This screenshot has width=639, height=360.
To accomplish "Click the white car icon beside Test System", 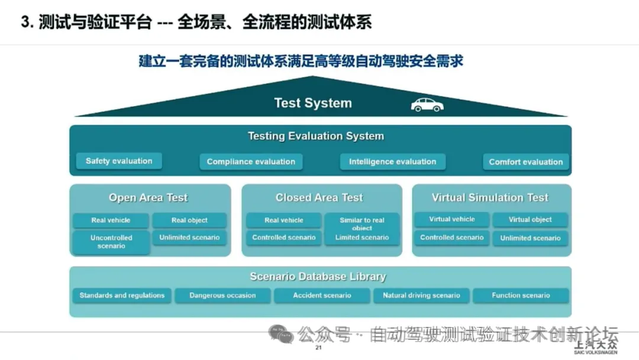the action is pos(427,105).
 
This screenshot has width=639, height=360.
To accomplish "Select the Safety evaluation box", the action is pos(119,161).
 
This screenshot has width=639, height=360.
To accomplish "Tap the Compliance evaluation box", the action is pos(251,162).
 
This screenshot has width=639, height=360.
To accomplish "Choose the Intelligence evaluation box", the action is pos(392,162).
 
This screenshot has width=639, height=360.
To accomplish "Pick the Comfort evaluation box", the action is pos(525,162).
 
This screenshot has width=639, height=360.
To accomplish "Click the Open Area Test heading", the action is pos(148,198).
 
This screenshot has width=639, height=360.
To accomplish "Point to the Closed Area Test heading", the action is pos(319,198).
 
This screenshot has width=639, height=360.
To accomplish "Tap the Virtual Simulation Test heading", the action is pos(490,198).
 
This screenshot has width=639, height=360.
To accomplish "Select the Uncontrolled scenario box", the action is pos(111,242).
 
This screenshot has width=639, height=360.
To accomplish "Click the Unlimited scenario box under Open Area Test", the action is pos(189,237).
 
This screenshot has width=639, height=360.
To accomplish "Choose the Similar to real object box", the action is pos(362,224).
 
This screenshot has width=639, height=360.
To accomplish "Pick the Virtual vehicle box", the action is pos(452,220).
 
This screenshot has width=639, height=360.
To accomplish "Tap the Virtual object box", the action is pos(530,220).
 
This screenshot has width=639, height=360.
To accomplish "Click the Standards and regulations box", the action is pos(122,295).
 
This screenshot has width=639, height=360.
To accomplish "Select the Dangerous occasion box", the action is pos(222,295).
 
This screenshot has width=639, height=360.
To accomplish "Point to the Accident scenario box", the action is pos(322,295).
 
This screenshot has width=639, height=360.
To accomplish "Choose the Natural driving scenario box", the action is pos(421,295).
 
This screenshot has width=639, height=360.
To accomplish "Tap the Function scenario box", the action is pos(521,295).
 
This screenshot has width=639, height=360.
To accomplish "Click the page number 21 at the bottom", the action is pos(318,349).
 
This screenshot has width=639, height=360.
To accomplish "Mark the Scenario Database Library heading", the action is pos(318,277).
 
